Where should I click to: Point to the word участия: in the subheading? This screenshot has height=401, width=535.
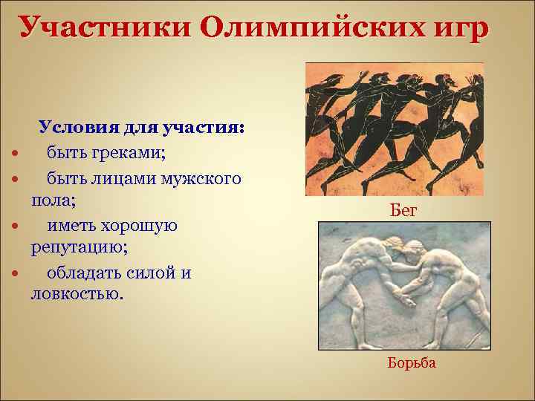[201, 127]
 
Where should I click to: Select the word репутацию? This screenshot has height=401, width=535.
[73, 247]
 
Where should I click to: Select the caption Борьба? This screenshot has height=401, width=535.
[412, 363]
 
